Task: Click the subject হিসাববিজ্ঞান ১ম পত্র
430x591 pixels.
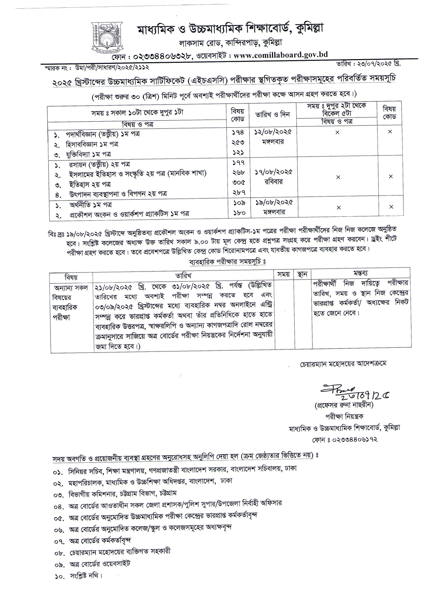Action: (92, 144)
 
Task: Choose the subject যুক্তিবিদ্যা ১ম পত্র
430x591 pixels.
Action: (88, 154)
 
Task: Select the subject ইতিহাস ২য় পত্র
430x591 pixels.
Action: (90, 184)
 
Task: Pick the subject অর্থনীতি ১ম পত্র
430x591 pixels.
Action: (90, 205)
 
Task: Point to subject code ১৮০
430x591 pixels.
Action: (239, 213)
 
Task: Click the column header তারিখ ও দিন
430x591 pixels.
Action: (272, 115)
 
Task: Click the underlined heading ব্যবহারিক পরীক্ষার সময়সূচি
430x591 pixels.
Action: (227, 261)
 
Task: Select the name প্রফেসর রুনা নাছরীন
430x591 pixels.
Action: (344, 405)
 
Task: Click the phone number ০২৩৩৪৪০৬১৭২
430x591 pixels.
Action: (356, 439)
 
